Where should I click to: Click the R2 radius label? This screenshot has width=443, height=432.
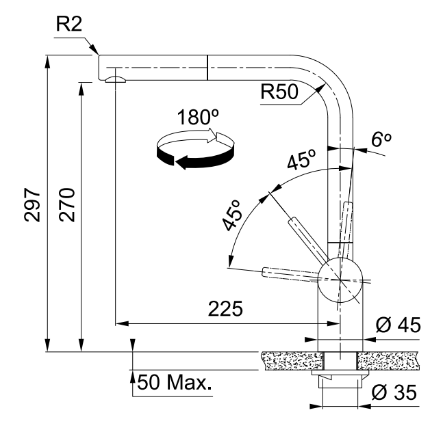click(69, 24)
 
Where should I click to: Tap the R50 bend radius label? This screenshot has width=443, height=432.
click(279, 92)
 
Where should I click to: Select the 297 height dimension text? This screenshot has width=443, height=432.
click(32, 204)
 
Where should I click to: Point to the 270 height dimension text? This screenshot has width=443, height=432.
click(67, 204)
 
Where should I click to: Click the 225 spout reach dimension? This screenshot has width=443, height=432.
click(225, 309)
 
